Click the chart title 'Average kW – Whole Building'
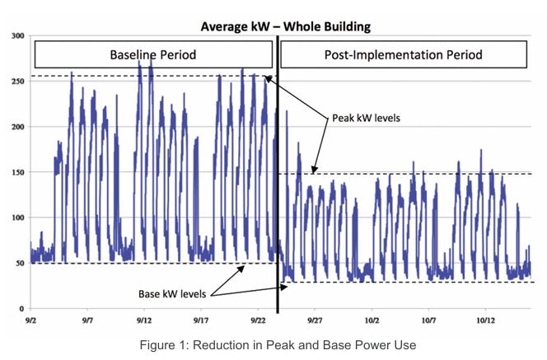(x=285, y=27)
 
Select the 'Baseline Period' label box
(x=153, y=54)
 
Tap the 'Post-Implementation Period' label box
(x=404, y=54)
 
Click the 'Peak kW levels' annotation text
(x=366, y=118)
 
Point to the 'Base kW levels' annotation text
(x=172, y=294)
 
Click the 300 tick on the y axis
(x=18, y=35)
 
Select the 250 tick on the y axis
(x=18, y=82)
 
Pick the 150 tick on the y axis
(x=18, y=172)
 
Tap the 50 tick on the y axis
(x=20, y=264)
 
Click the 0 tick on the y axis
(x=22, y=309)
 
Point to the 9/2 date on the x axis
(x=30, y=320)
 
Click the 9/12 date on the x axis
(x=144, y=320)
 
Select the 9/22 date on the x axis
(x=258, y=320)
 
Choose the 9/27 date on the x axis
(x=315, y=320)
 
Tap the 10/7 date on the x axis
(x=428, y=320)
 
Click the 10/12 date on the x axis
(x=485, y=320)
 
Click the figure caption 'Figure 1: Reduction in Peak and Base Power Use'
(x=278, y=345)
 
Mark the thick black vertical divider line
(x=278, y=175)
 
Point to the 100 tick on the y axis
(x=18, y=217)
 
